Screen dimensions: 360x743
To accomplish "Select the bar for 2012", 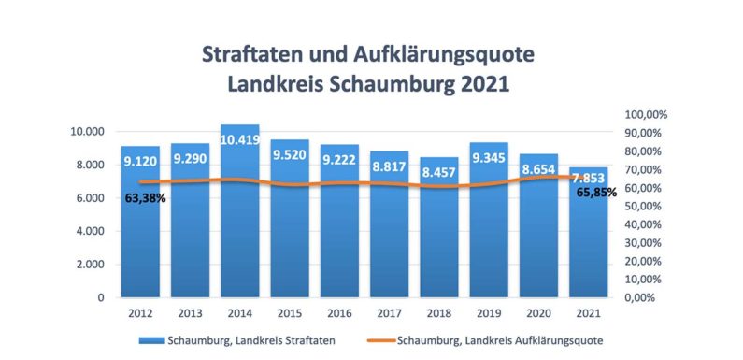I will coord(139,234).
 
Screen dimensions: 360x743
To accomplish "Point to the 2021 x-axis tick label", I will coord(587,312).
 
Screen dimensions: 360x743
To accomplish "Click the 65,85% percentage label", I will coord(595,192).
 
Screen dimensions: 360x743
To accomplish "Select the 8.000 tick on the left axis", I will coord(89,165).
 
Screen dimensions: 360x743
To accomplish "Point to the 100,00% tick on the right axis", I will coord(645,114).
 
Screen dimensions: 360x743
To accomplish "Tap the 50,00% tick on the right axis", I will coord(643,206).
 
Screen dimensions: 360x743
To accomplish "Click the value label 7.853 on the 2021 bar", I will coord(587,178).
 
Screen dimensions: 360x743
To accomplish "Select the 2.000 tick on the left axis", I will coord(89,265).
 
